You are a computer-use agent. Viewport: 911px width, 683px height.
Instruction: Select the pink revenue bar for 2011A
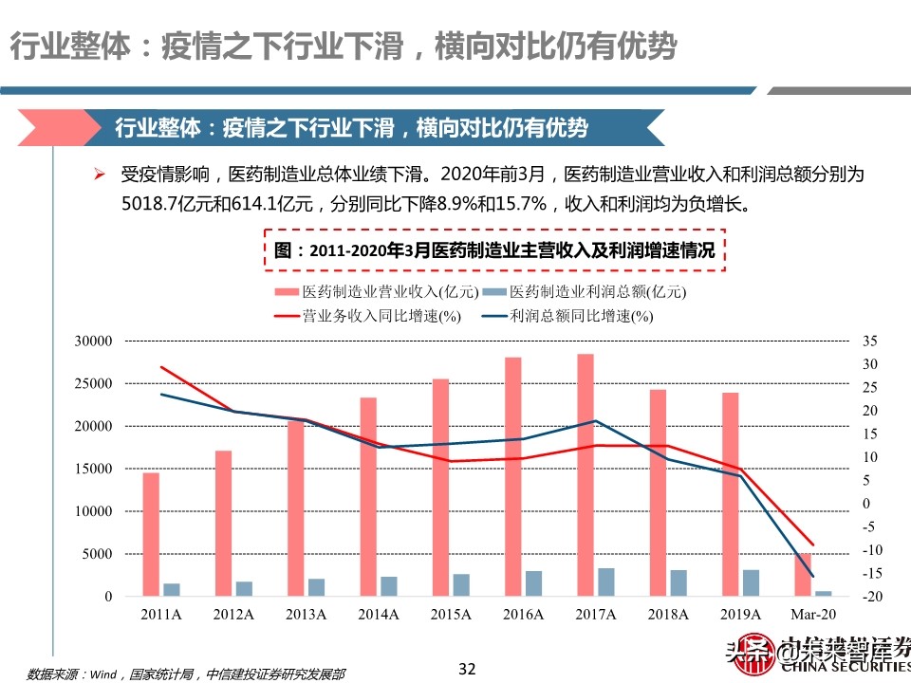click(151, 534)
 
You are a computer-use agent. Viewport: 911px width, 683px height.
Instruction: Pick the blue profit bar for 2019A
click(752, 582)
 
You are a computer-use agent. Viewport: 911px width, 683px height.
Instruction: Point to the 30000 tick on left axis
click(94, 341)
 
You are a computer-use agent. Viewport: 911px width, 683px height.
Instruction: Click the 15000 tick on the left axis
click(94, 469)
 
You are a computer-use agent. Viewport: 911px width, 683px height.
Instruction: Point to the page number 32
click(466, 669)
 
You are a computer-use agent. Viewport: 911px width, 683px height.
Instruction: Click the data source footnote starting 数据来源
click(185, 674)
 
